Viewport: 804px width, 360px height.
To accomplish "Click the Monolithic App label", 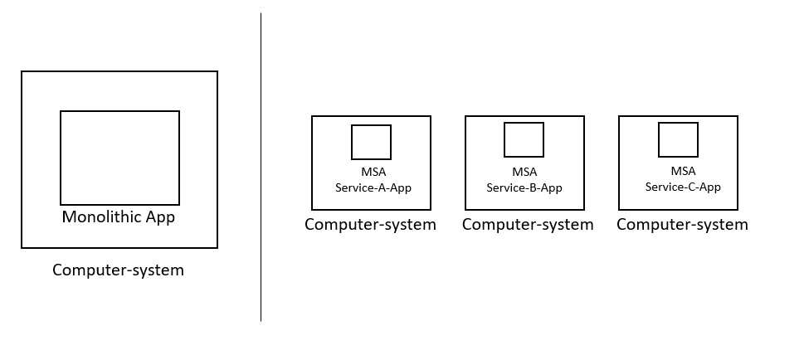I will coord(119,217).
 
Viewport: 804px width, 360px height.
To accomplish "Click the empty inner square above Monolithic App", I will coord(119,158).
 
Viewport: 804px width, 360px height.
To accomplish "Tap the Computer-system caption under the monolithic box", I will coord(118,270).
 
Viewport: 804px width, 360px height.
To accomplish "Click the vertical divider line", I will coord(261,166).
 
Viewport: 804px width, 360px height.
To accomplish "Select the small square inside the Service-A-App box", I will coord(371,142).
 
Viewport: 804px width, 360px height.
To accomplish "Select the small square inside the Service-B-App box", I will coord(524,139).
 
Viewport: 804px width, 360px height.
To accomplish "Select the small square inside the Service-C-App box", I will coord(678,139).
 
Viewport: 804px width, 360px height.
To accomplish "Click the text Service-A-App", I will coord(373,188).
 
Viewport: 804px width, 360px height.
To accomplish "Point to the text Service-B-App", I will coord(524,188).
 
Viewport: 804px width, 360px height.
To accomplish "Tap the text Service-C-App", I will coord(683,187).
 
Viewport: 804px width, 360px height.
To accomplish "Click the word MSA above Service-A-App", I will coord(373,173).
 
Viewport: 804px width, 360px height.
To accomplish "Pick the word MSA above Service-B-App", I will coord(524,173).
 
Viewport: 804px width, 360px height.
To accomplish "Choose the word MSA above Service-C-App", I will coord(683,171).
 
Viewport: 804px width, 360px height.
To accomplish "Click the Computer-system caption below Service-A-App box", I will coord(370,225).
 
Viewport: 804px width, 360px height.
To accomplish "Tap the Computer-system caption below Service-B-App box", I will coord(528,225).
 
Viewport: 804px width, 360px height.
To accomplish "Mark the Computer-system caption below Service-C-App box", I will coord(682,225).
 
